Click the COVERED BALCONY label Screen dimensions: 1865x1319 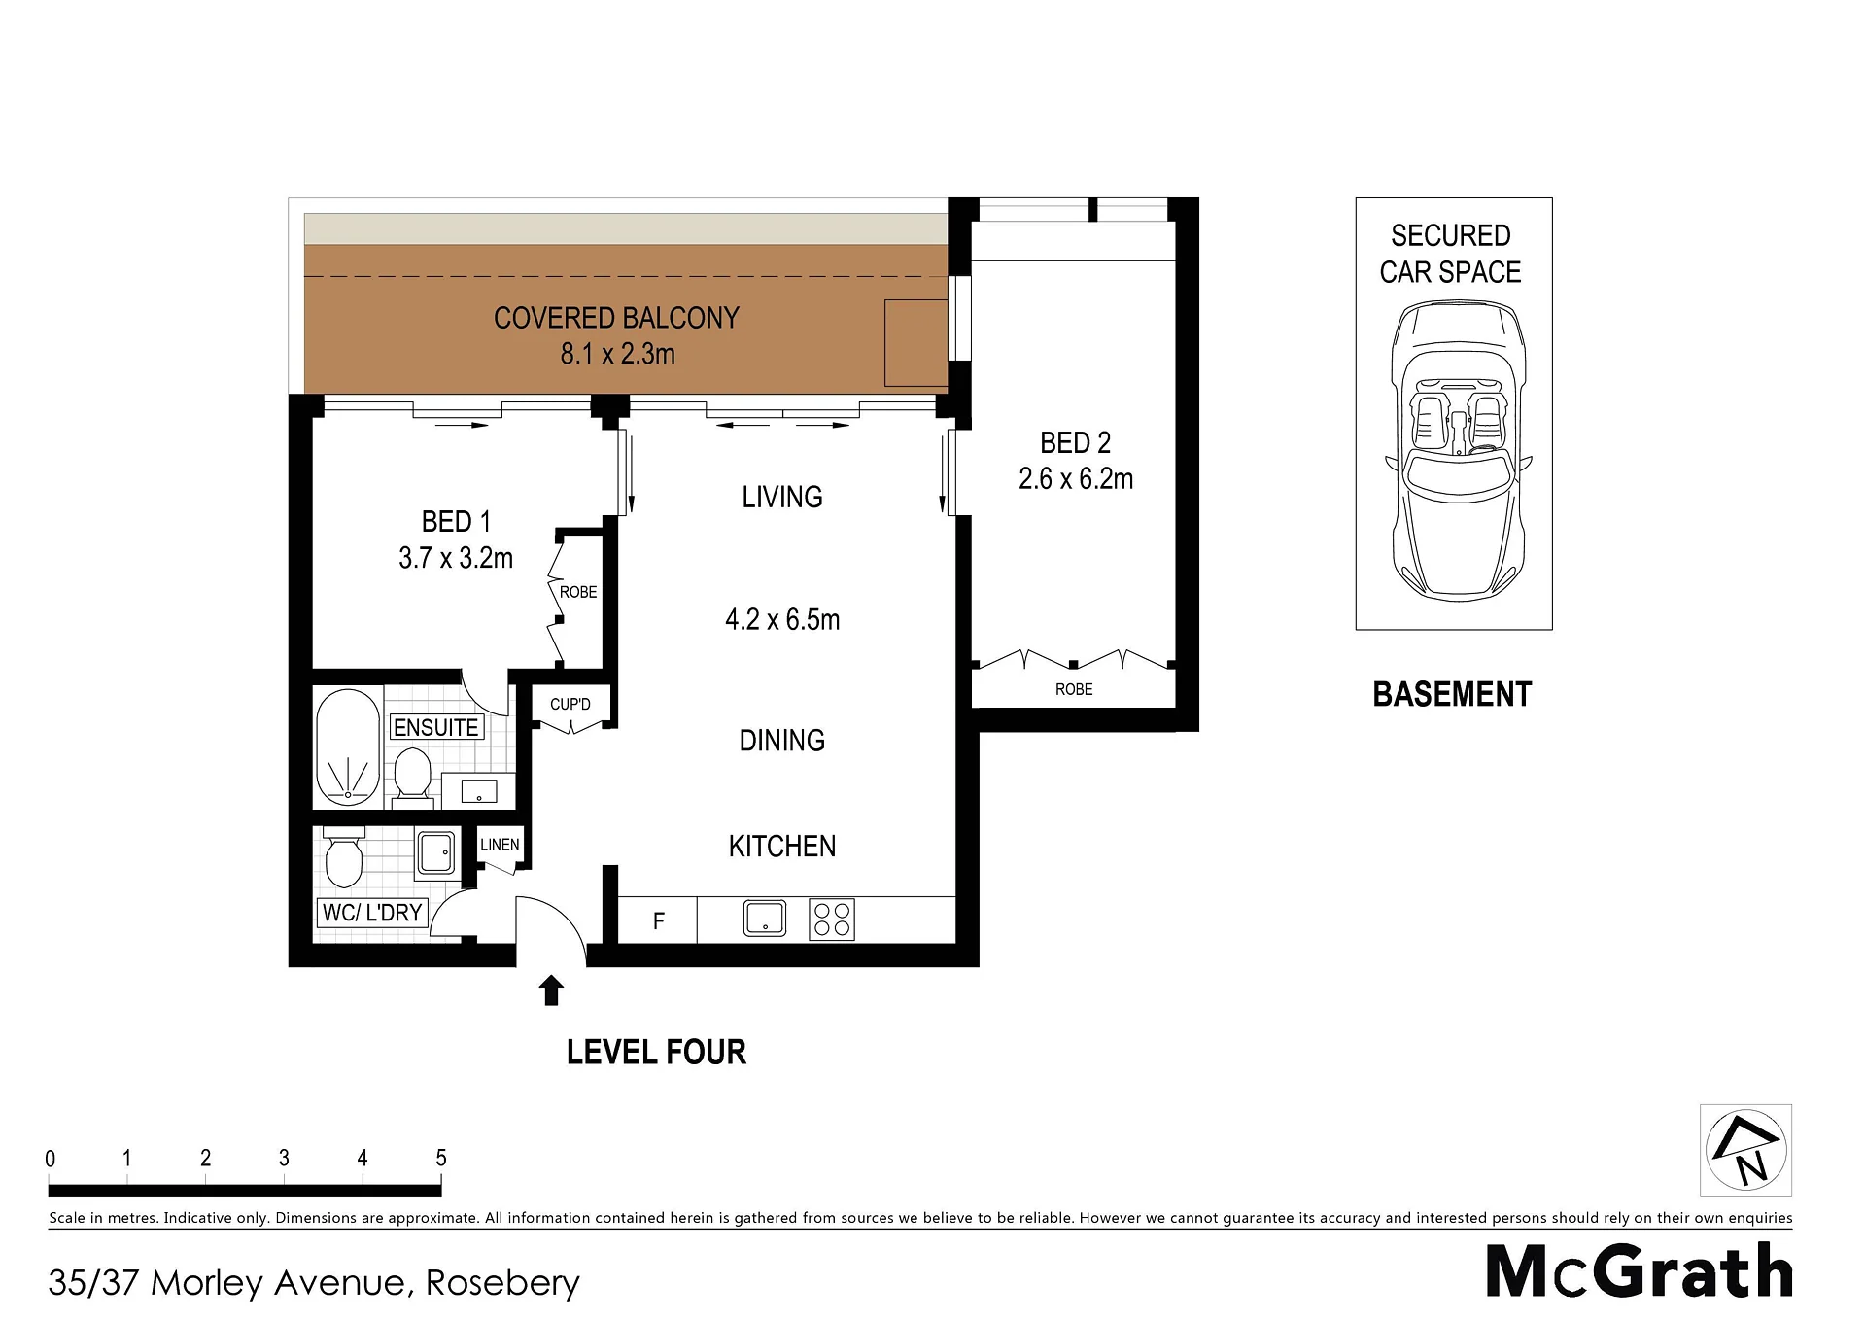616,318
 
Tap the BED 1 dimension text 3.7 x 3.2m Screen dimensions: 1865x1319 456,558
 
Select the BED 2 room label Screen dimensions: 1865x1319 1075,443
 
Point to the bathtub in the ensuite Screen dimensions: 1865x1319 348,746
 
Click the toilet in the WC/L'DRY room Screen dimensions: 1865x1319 343,856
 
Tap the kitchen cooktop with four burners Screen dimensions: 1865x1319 832,920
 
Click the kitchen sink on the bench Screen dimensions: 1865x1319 765,919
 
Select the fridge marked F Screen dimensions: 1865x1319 658,920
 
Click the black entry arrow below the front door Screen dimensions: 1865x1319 551,989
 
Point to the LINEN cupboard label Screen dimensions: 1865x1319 500,845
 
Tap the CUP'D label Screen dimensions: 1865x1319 570,704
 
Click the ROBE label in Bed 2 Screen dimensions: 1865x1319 1074,689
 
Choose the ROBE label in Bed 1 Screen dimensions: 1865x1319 578,592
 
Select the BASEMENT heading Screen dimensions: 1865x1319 1452,694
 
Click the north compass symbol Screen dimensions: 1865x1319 1746,1150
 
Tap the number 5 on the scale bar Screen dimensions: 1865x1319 441,1158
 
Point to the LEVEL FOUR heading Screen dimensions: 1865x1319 656,1052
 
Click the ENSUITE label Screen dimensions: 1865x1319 436,727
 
